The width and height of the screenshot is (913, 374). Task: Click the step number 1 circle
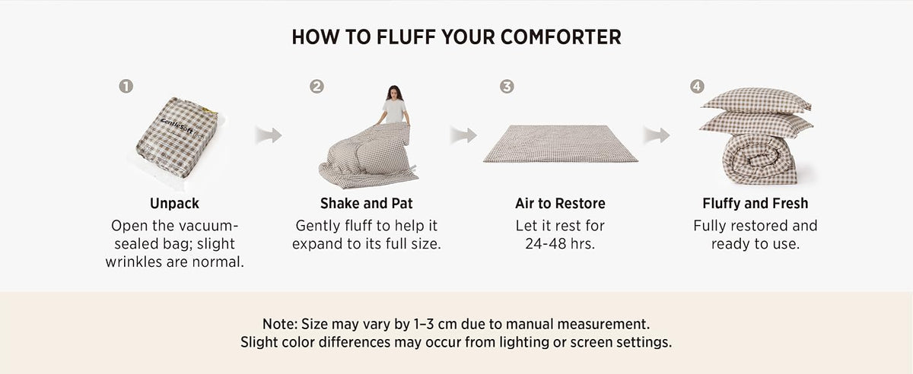coord(126,87)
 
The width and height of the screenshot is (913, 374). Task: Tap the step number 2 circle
coord(317,87)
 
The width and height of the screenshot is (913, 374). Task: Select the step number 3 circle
coord(507,87)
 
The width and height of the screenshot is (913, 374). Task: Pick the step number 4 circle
coord(697,87)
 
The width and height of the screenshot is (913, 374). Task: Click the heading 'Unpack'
coord(174,203)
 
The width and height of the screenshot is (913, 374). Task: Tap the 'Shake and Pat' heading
coord(367,203)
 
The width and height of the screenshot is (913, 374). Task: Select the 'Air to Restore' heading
coord(560,203)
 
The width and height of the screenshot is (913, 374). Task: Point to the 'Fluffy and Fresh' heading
coord(756,203)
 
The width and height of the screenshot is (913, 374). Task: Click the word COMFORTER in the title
coord(561,37)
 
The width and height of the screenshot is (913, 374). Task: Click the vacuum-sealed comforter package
coord(177,138)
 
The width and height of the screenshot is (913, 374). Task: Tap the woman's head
coord(394,93)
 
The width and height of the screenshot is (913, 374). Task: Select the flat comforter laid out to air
coord(561,144)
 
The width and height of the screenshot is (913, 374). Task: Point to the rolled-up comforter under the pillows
coord(759,160)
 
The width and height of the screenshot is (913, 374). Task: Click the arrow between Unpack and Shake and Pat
coord(269,135)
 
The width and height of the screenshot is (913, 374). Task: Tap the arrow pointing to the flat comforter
coord(463,135)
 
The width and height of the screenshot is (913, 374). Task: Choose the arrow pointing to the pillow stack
coord(657,135)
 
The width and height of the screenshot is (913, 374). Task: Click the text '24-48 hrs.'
coord(560,243)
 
